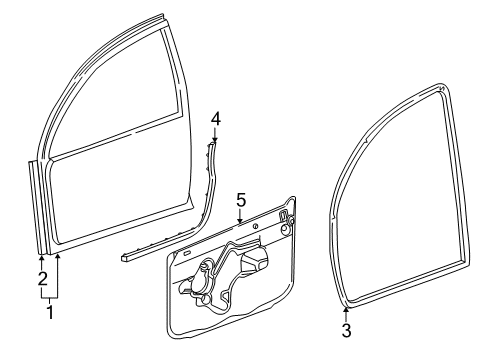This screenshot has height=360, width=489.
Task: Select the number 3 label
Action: tap(346, 331)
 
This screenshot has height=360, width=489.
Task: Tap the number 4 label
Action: tap(215, 119)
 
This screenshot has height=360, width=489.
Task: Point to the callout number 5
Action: tap(240, 199)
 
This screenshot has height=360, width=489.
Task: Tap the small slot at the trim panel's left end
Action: tap(183, 258)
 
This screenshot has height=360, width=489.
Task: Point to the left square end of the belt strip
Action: tap(124, 254)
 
